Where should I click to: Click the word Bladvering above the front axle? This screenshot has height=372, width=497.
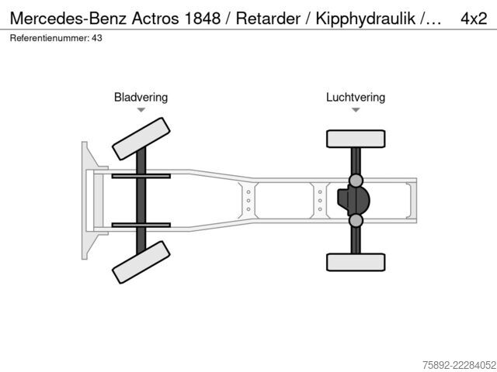point(141,98)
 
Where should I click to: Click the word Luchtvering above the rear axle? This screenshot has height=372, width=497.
point(356,98)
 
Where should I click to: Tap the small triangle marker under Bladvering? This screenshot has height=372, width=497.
point(141,110)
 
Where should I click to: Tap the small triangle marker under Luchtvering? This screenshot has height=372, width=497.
point(356,110)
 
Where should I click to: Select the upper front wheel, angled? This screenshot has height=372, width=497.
point(141,139)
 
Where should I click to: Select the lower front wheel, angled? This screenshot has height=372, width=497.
point(141,262)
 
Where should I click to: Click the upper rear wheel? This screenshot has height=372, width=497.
point(356,139)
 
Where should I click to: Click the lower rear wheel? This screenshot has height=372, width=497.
point(356,262)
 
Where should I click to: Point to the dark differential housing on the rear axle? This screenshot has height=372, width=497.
point(353,201)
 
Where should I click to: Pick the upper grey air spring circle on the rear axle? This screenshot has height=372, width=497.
point(356,181)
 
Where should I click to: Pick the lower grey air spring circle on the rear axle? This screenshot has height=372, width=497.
point(356,220)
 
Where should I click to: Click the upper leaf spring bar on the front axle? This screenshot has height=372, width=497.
point(141,176)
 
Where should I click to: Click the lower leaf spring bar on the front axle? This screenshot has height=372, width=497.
point(141,226)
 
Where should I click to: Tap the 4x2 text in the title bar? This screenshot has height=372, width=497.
point(474,19)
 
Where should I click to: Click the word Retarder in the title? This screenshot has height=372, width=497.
point(268,19)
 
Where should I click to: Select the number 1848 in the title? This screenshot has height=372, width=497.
point(202,19)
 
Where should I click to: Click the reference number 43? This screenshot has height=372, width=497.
point(97,38)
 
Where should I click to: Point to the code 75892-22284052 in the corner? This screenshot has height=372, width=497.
point(459,365)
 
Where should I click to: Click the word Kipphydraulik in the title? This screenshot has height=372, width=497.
point(366,19)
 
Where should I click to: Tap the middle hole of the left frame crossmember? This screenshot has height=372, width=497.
point(248,201)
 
